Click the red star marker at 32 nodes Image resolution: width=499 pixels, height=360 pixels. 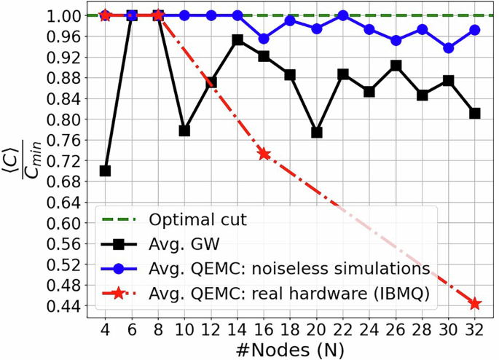(475, 304)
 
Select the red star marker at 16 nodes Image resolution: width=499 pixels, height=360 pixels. (264, 154)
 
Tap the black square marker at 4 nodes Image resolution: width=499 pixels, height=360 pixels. (105, 171)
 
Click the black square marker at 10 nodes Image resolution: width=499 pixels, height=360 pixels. (184, 130)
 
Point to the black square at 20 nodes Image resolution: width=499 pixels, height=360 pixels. (316, 132)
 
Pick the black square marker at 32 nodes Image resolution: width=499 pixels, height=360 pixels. (475, 113)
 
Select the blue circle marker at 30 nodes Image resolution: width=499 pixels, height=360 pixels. (449, 48)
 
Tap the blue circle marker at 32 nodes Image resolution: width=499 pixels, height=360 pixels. (475, 30)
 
